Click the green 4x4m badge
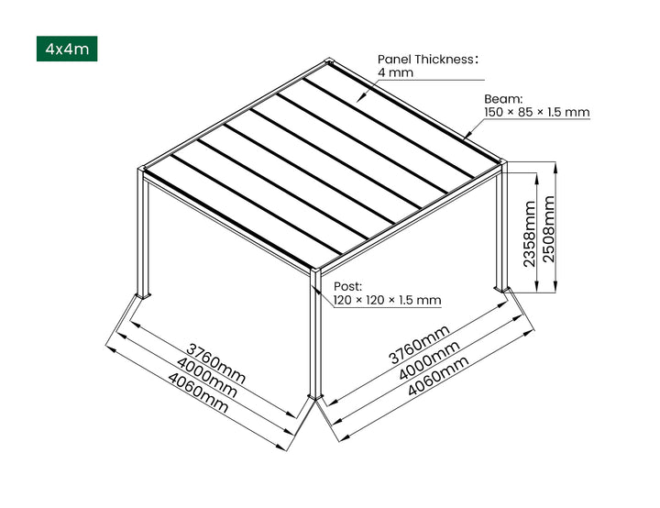(66, 49)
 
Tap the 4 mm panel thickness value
(393, 73)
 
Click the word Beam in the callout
(503, 98)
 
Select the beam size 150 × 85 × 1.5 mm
(536, 113)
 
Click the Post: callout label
(347, 285)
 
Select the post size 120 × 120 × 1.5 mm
(387, 300)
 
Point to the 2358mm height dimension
(530, 234)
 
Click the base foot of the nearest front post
(315, 397)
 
